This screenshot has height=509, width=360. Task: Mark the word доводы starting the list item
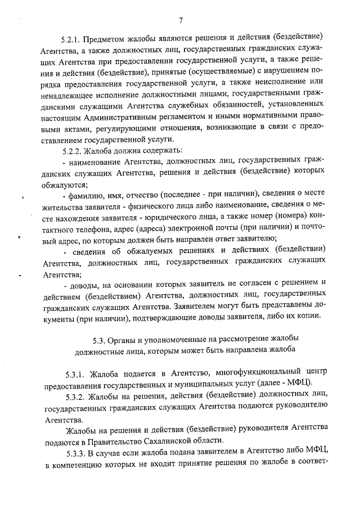(85, 287)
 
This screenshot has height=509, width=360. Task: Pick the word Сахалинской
(171, 440)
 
